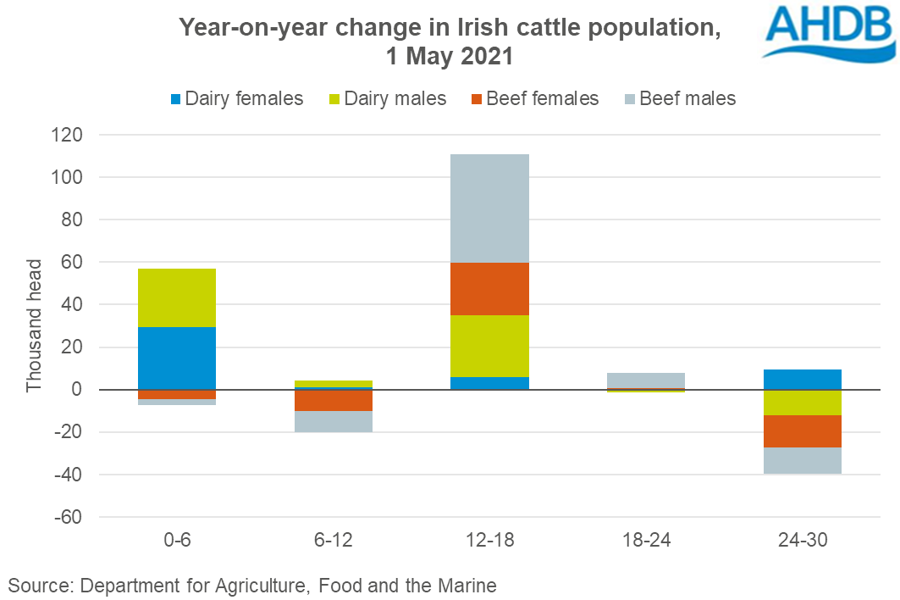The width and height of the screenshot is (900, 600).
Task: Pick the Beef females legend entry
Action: click(x=533, y=99)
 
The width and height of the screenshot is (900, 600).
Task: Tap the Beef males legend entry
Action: click(x=677, y=99)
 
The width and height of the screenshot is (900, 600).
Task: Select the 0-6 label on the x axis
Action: click(x=177, y=540)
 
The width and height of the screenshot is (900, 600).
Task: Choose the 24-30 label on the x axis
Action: click(x=802, y=540)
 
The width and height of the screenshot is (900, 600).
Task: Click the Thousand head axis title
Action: click(x=33, y=325)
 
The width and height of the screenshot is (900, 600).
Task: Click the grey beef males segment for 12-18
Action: click(x=489, y=208)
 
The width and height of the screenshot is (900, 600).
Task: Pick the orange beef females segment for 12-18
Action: click(x=489, y=289)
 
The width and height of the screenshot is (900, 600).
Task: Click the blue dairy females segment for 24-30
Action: click(x=802, y=380)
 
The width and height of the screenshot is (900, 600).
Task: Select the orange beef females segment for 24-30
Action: click(x=802, y=431)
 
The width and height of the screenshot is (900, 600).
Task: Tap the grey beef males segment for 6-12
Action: click(x=334, y=421)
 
